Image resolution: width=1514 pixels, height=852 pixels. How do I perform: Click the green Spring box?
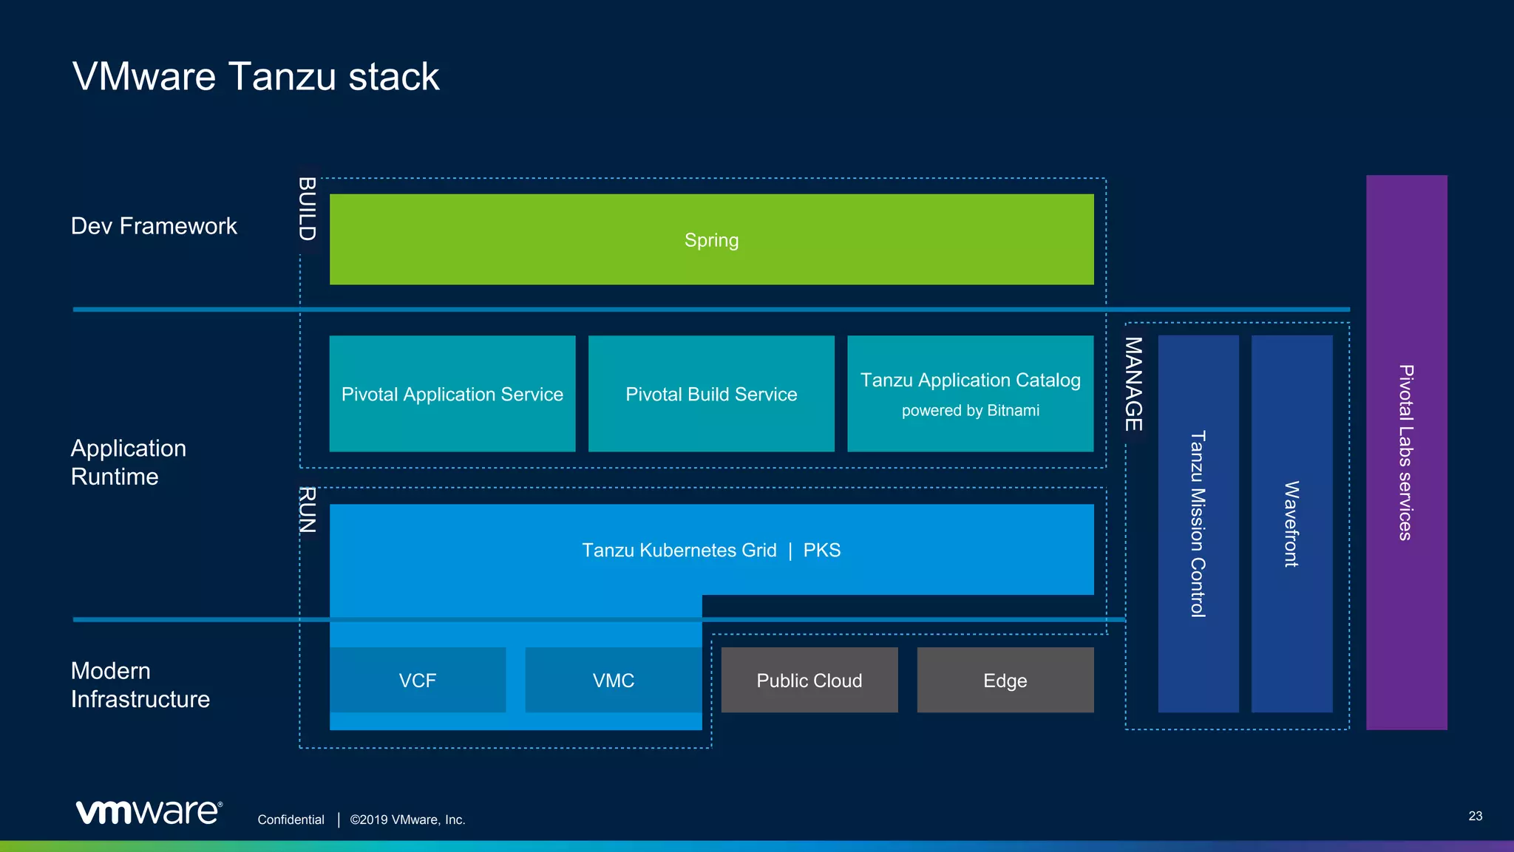(711, 239)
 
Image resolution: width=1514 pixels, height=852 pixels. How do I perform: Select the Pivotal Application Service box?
(452, 394)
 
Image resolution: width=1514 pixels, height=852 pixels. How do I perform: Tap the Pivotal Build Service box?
(711, 394)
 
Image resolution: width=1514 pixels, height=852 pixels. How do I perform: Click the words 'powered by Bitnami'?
(970, 411)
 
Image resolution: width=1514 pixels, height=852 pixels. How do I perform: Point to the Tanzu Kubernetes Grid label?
(679, 551)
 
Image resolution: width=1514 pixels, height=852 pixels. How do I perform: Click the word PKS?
(821, 551)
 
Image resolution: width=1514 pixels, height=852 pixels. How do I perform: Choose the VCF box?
(418, 680)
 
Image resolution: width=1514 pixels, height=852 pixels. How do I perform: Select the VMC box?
(613, 680)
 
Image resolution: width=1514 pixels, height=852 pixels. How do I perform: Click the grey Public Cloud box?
(809, 680)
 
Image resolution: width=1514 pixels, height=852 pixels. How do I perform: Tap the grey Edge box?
(1005, 680)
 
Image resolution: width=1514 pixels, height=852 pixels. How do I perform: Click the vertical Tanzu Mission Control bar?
(1198, 523)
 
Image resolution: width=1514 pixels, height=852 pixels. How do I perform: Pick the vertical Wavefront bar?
(1291, 523)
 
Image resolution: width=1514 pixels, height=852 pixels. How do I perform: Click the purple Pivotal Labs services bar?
(1406, 452)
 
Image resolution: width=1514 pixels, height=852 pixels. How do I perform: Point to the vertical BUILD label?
(308, 209)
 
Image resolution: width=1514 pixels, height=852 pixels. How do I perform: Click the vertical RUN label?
(308, 510)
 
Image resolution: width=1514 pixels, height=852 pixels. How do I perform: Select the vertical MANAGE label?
(1134, 384)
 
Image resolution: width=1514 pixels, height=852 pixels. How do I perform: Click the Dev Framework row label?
(154, 226)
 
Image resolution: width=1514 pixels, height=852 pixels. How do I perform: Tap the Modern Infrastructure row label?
(140, 685)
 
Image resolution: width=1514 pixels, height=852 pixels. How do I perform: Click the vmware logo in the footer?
(149, 811)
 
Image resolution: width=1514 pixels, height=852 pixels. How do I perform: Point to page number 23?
(1475, 816)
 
